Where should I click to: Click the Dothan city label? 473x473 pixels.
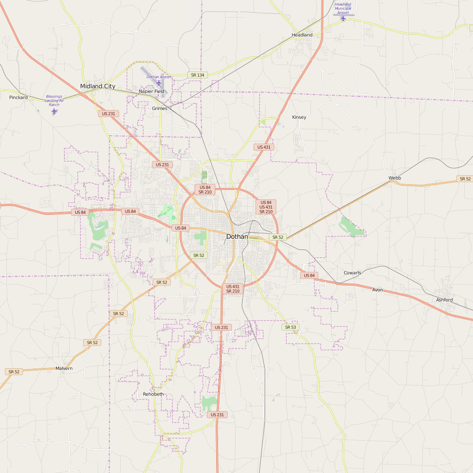[x=236, y=236]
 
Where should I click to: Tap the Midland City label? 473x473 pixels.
[x=97, y=86]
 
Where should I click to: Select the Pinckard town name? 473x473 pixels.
[x=18, y=97]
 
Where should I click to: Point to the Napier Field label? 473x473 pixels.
[x=152, y=91]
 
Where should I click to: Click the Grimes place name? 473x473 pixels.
[x=159, y=109]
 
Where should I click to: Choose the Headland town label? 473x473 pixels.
[x=302, y=35]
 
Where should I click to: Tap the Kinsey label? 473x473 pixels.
[x=299, y=117]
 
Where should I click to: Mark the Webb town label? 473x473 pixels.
[x=394, y=178]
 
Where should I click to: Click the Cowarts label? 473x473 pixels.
[x=352, y=273]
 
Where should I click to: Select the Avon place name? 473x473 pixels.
[x=377, y=290]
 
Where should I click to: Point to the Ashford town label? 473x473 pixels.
[x=444, y=300]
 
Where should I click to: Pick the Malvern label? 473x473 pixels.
[x=64, y=369]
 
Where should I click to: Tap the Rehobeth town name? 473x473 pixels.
[x=153, y=394]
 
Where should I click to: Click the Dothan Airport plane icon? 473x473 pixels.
[x=159, y=83]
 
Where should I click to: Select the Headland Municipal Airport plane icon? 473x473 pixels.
[x=343, y=19]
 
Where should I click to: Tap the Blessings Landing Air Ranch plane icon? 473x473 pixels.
[x=54, y=111]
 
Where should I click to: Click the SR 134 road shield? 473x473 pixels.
[x=197, y=75]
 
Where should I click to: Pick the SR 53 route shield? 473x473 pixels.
[x=290, y=327]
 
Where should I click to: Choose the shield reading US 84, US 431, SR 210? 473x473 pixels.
[x=266, y=207]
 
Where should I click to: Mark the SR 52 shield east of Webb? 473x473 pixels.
[x=464, y=179]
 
